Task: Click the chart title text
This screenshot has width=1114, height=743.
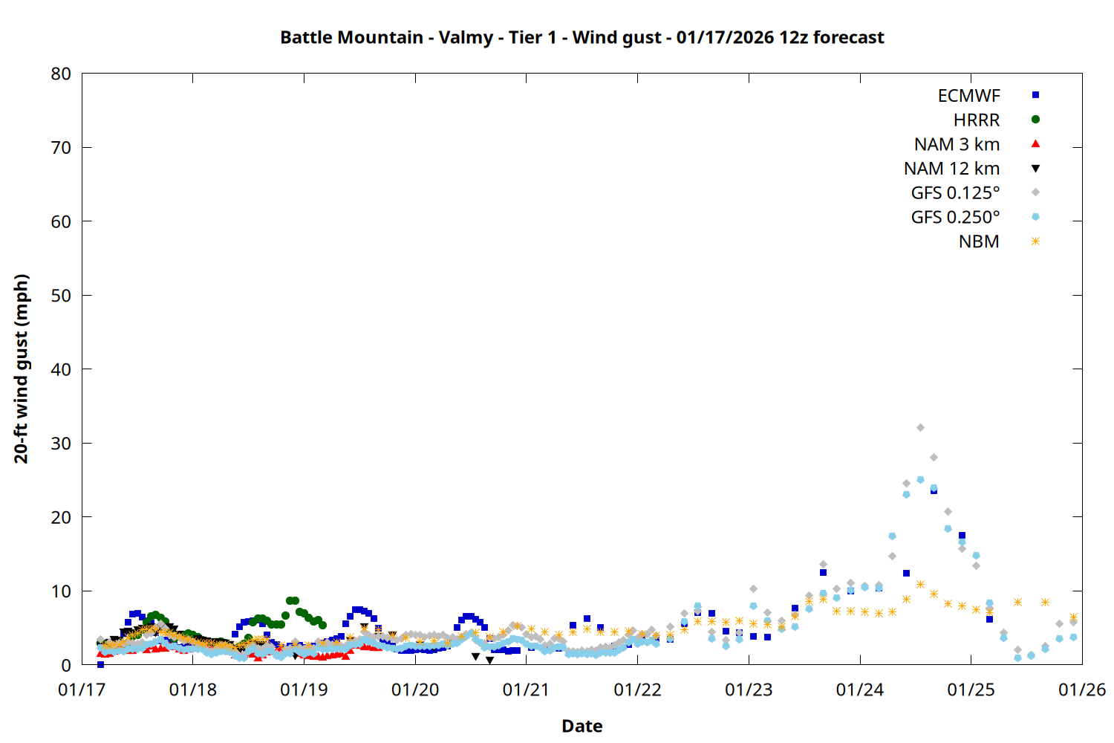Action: pos(582,37)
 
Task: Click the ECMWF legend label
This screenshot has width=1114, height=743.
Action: pos(968,96)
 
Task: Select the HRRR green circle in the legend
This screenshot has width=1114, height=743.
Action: pos(1035,120)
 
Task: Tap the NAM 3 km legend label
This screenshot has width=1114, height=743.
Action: pos(957,144)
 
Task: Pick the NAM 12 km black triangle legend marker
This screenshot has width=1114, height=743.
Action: pos(1035,169)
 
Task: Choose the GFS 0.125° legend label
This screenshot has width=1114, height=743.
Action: pos(955,193)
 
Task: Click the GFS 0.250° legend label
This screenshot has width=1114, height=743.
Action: pos(955,218)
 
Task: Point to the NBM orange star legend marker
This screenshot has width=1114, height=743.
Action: pos(1035,241)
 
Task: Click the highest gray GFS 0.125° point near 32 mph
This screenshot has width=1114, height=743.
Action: pos(920,428)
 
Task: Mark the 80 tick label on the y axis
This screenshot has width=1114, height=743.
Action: pos(61,74)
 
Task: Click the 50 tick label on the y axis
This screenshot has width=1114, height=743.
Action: pos(61,295)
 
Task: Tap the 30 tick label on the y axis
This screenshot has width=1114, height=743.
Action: pos(61,443)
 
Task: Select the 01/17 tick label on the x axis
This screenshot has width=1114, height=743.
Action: pos(82,690)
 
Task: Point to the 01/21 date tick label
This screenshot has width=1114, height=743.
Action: pos(526,690)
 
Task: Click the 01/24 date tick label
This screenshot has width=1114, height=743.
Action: pos(859,690)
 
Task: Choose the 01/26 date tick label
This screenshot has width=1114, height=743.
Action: pos(1081,690)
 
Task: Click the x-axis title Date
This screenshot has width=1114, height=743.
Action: pos(582,726)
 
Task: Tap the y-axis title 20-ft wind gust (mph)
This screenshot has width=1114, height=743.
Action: pos(22,369)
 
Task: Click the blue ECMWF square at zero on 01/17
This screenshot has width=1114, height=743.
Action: pos(100,664)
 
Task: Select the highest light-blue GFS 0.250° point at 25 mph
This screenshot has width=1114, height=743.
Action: pos(920,480)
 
